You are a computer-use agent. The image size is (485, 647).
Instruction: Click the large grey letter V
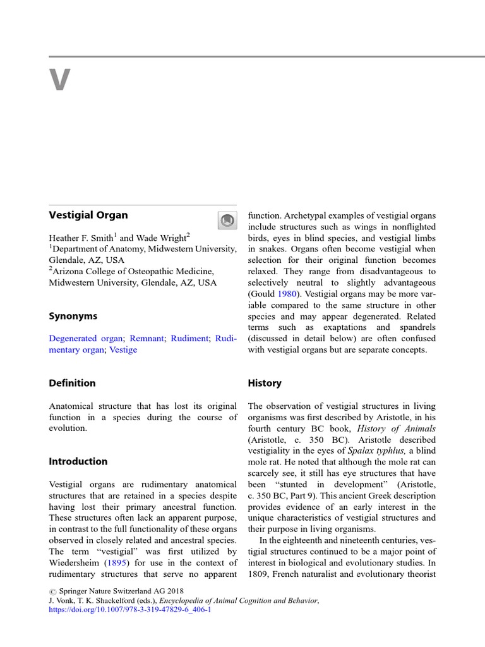(x=59, y=81)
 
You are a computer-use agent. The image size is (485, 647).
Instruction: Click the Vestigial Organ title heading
(x=88, y=215)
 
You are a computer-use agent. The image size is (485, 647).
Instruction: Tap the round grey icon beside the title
(x=225, y=221)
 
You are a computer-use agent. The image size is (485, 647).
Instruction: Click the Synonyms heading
(x=73, y=316)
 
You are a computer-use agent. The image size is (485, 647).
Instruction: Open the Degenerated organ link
(x=86, y=338)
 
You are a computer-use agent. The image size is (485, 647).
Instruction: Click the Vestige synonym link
(x=123, y=349)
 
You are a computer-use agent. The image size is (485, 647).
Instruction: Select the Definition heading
(x=73, y=383)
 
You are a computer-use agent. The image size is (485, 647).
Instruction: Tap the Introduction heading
(x=78, y=461)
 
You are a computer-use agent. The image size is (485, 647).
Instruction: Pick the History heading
(x=265, y=383)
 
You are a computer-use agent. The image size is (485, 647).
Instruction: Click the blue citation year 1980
(x=288, y=293)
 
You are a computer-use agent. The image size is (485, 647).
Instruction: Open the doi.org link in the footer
(x=129, y=610)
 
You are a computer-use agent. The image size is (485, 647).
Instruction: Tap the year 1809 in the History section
(x=259, y=574)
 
